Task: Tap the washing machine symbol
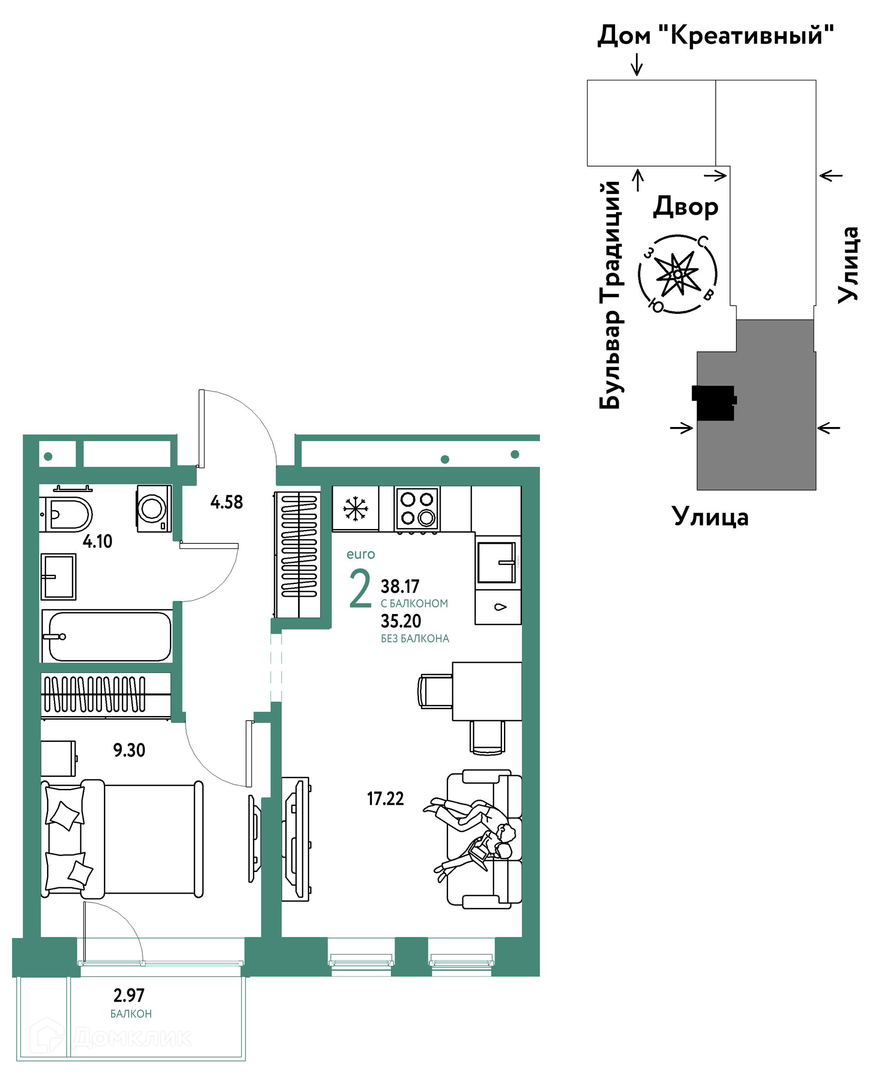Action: point(153,508)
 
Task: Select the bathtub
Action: point(107,636)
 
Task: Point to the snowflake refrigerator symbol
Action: point(355,508)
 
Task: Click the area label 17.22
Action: point(385,798)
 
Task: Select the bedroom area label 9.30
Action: point(129,750)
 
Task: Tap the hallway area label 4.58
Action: point(227,502)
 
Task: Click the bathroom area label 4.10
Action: point(97,541)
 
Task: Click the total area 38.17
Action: point(400,586)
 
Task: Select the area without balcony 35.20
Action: point(401,621)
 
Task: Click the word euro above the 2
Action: point(361,554)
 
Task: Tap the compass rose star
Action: point(677,274)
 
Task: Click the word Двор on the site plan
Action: point(686,206)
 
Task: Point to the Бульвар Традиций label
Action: point(610,295)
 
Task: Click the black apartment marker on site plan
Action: point(714,403)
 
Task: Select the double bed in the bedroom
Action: point(122,840)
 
